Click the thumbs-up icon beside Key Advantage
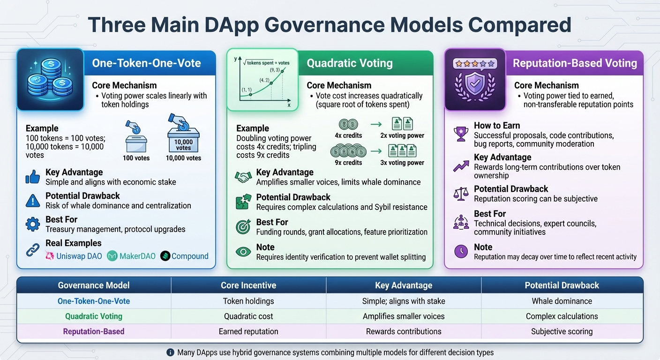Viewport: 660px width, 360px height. point(32,177)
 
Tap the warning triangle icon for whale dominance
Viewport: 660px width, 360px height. point(32,201)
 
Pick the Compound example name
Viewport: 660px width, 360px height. point(190,256)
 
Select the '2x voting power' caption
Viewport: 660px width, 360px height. point(402,135)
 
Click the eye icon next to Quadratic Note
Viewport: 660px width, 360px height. point(243,252)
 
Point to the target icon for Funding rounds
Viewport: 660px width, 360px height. point(243,227)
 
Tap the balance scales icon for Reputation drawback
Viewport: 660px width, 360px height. point(461,194)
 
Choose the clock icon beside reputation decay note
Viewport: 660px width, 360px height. point(461,252)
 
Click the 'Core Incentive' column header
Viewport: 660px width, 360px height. point(248,285)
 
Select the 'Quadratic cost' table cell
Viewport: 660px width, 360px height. point(248,316)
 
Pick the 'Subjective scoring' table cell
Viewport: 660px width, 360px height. point(562,331)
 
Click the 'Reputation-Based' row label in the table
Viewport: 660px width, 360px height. point(94,331)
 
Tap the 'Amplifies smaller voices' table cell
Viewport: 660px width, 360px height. point(404,316)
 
